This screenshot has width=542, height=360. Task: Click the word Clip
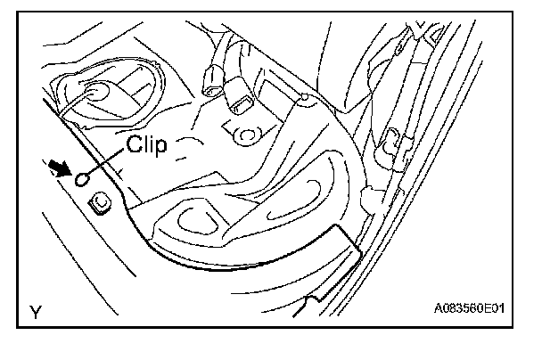146,146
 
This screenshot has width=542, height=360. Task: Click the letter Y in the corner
35,313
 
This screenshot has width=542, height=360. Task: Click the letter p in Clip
160,149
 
